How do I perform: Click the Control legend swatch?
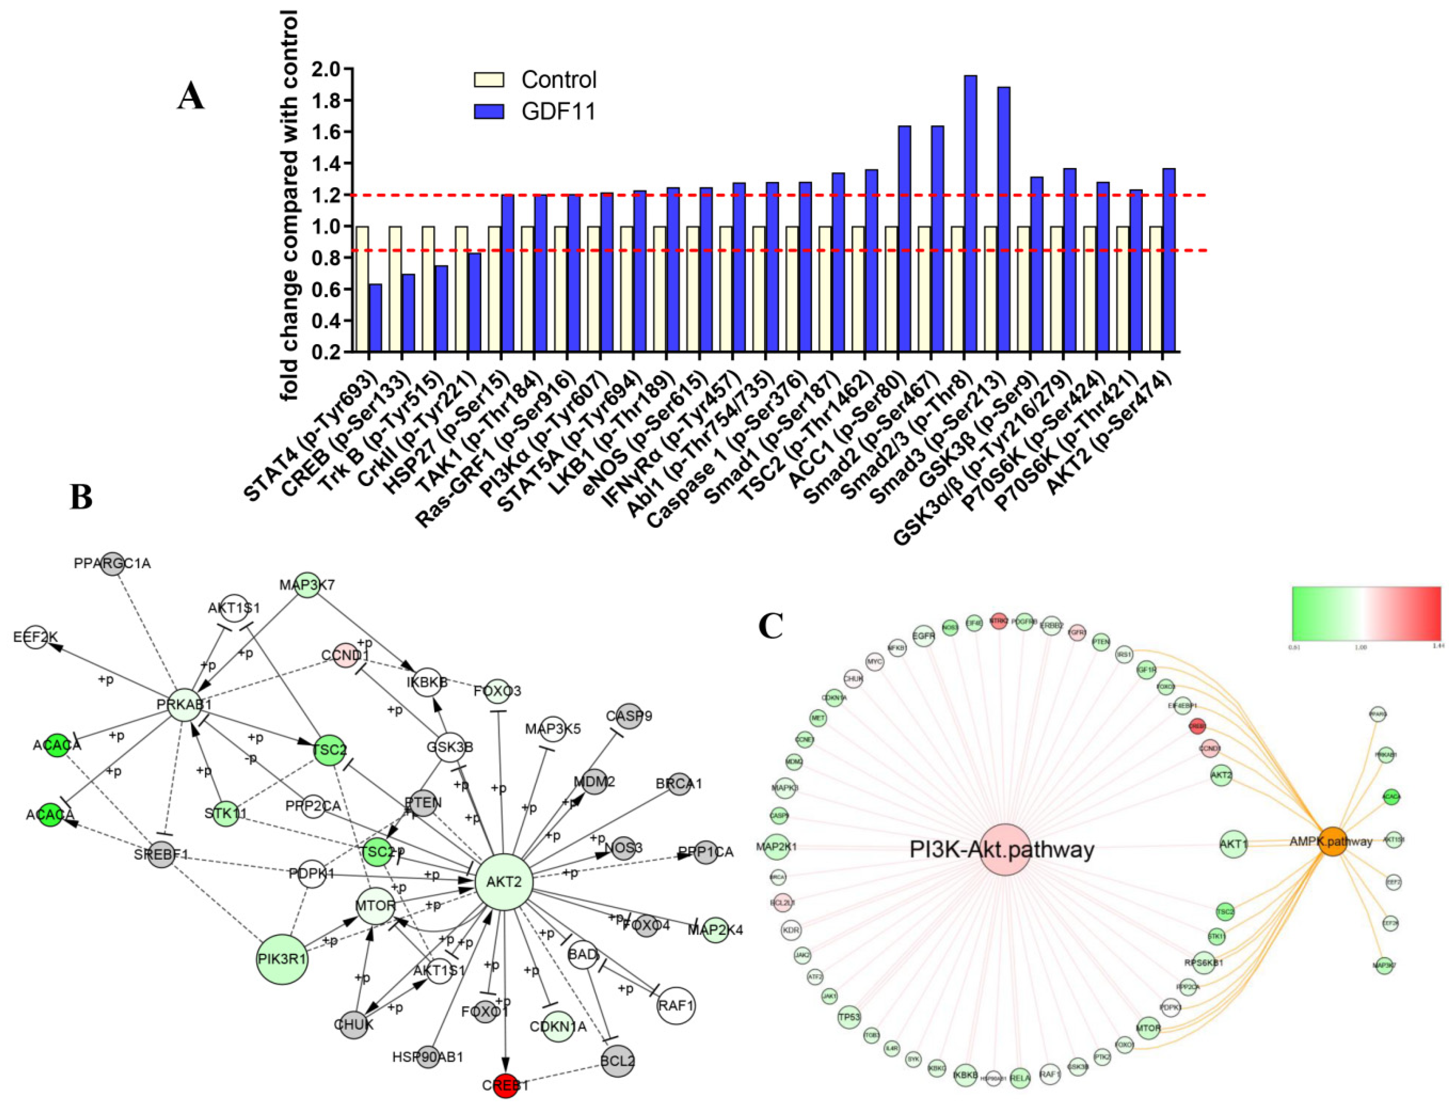pos(489,80)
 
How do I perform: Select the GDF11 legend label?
pos(558,111)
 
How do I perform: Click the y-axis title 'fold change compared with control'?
pos(290,205)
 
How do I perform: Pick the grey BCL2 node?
pos(617,1061)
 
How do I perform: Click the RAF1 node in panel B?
pos(676,1006)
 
